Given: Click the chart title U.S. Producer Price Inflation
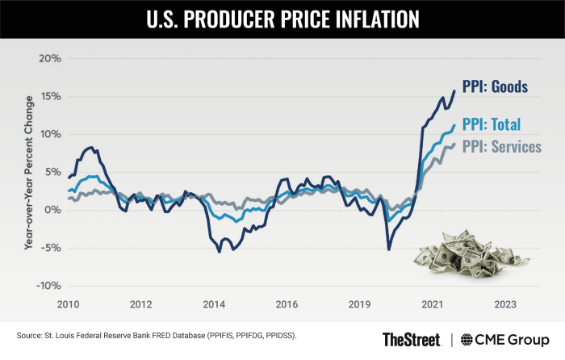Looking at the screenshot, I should coord(282,19).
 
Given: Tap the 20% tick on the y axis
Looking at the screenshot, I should coord(51,59).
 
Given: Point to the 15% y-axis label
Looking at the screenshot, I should coord(51,97).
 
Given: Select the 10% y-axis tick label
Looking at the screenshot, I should coord(51,134).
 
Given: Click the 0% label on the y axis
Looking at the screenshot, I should coord(54,210).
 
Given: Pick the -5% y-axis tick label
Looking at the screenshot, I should coord(52,248).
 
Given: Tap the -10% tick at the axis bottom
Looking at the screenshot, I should coord(49,286).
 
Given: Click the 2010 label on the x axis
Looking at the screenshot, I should coord(68,304).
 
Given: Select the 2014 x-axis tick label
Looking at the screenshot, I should coord(214,304).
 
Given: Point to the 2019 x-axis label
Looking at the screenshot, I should coord(359,304).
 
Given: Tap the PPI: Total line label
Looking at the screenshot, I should coord(492,124).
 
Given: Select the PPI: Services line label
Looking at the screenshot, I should coord(500,148).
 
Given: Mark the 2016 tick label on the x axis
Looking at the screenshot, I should coord(287,304).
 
